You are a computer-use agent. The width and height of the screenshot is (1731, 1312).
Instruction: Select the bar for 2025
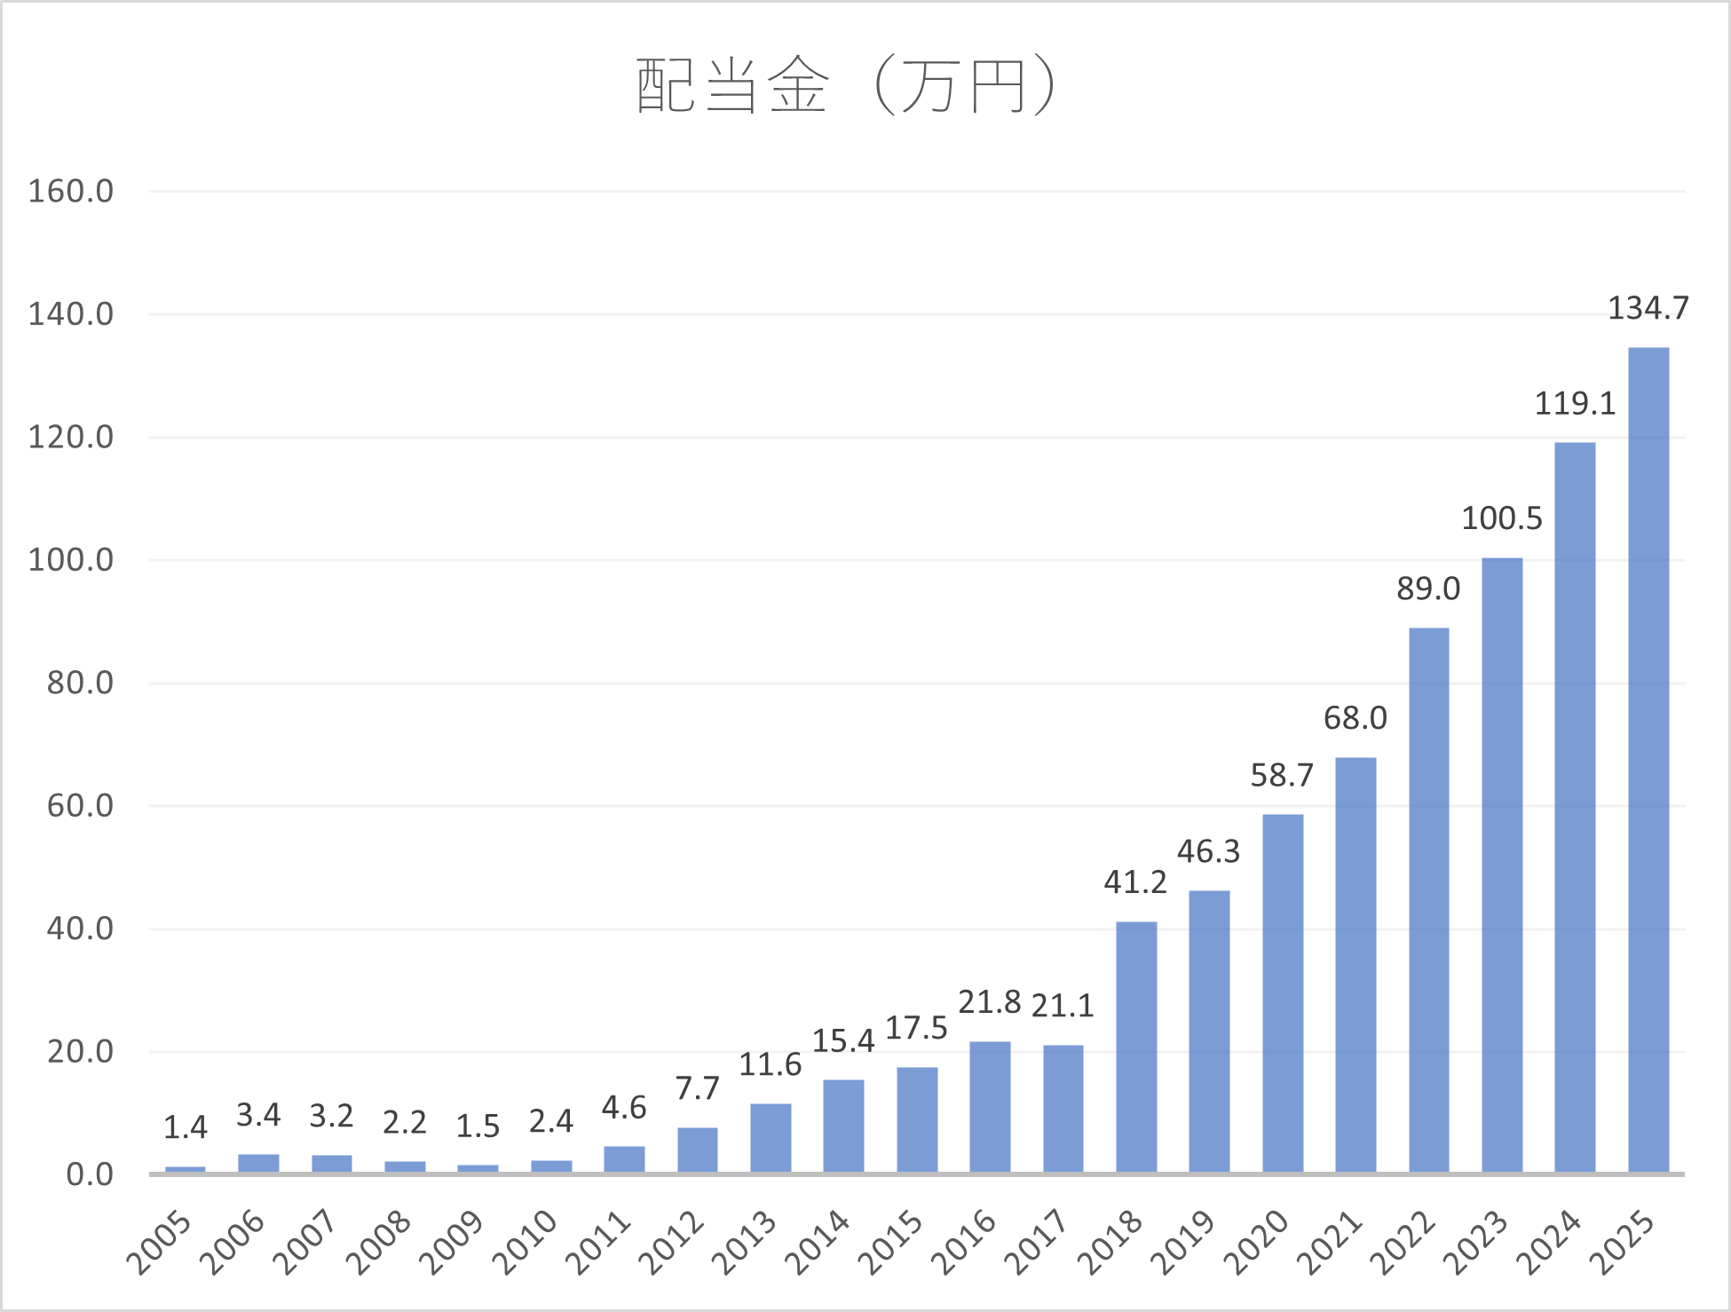pos(1648,760)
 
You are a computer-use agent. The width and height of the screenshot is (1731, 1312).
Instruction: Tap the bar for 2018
pos(1136,1047)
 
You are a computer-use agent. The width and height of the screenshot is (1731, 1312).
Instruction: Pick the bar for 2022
pos(1429,900)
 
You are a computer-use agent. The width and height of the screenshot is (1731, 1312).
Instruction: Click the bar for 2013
pos(771,1138)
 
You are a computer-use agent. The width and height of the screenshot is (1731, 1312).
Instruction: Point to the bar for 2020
pos(1283,993)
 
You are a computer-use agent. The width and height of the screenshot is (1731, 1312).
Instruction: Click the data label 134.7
pos(1648,308)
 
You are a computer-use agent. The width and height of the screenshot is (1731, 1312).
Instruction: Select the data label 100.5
pos(1502,518)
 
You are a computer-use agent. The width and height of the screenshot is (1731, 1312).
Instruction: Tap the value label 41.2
pos(1135,882)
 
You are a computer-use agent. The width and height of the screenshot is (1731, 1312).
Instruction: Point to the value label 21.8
pos(990,1002)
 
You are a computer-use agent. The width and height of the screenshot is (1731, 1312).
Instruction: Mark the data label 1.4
pos(185,1127)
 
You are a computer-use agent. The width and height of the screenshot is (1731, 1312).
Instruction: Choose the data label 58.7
pos(1282,776)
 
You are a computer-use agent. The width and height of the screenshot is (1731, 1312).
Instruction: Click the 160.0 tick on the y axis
pos(71,191)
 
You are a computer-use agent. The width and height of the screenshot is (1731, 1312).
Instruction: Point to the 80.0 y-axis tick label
pos(80,683)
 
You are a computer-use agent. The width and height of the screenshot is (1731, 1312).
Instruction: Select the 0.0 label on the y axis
pos(90,1174)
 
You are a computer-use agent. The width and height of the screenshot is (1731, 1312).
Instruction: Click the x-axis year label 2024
pos(1550,1243)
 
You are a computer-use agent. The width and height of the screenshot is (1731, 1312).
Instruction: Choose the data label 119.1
pos(1576,404)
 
